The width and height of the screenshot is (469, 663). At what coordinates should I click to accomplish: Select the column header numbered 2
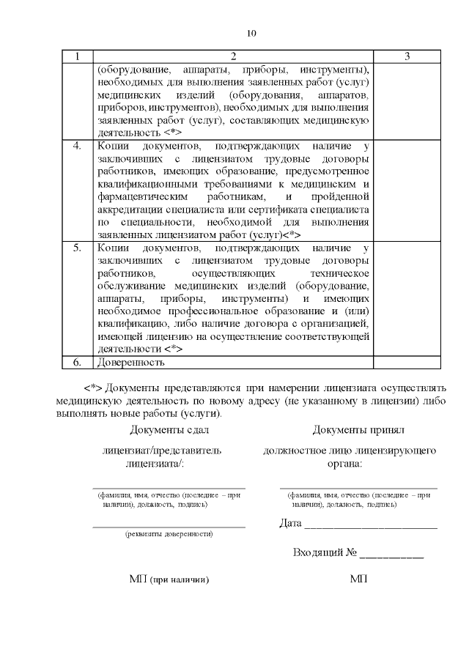[233, 56]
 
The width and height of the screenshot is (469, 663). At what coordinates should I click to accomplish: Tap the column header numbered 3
[407, 56]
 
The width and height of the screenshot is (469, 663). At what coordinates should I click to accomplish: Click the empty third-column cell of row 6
[407, 362]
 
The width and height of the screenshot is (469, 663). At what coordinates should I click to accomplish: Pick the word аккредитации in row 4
[130, 210]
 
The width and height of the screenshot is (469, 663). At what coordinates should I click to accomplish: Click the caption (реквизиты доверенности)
[169, 533]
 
